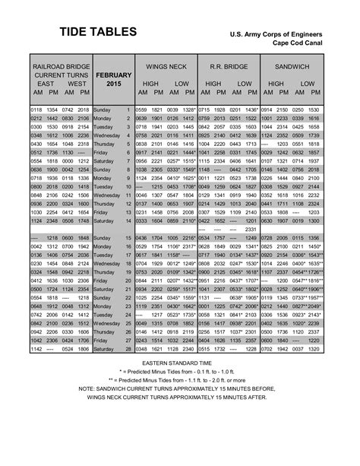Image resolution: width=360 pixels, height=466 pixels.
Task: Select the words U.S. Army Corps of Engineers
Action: click(280, 35)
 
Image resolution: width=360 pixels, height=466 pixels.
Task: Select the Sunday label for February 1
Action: click(103, 110)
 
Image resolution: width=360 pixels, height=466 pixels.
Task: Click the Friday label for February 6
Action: click(102, 153)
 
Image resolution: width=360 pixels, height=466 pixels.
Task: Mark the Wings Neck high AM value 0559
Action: click(143, 110)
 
